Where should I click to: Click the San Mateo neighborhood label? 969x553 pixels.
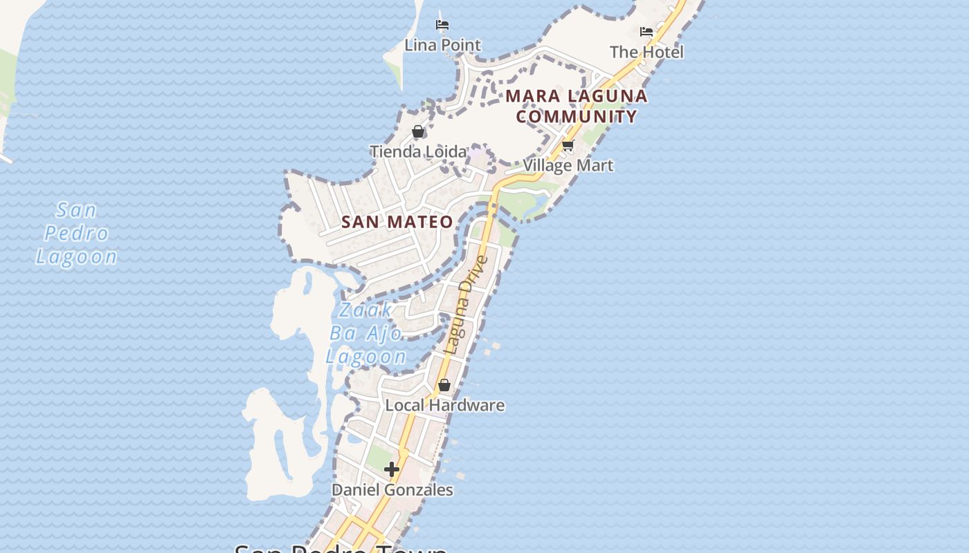(x=397, y=222)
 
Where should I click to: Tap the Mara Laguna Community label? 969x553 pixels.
(x=577, y=106)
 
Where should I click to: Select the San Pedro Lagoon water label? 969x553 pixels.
(x=76, y=233)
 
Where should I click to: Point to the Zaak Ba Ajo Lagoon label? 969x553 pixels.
(x=366, y=333)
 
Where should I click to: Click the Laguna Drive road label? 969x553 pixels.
(x=467, y=305)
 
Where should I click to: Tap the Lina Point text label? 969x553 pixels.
(x=442, y=45)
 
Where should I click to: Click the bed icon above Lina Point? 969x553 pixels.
(x=442, y=25)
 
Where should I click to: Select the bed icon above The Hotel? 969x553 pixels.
(x=646, y=32)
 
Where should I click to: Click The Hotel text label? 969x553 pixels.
(x=646, y=52)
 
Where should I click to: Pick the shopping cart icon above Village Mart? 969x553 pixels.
(x=568, y=145)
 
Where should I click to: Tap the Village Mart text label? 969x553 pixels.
(x=568, y=165)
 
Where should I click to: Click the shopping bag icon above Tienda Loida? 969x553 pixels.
(x=418, y=131)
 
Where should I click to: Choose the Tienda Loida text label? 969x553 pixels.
(x=418, y=151)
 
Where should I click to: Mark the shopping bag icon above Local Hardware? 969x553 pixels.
(x=444, y=385)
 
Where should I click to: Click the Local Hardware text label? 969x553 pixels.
(x=444, y=405)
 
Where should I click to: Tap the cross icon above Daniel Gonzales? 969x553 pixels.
(x=392, y=469)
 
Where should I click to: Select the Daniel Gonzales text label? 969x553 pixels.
(x=392, y=489)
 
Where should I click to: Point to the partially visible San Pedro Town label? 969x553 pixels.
(x=341, y=547)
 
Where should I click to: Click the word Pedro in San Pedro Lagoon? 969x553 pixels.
(x=76, y=233)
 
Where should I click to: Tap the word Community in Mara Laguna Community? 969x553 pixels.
(x=577, y=116)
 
